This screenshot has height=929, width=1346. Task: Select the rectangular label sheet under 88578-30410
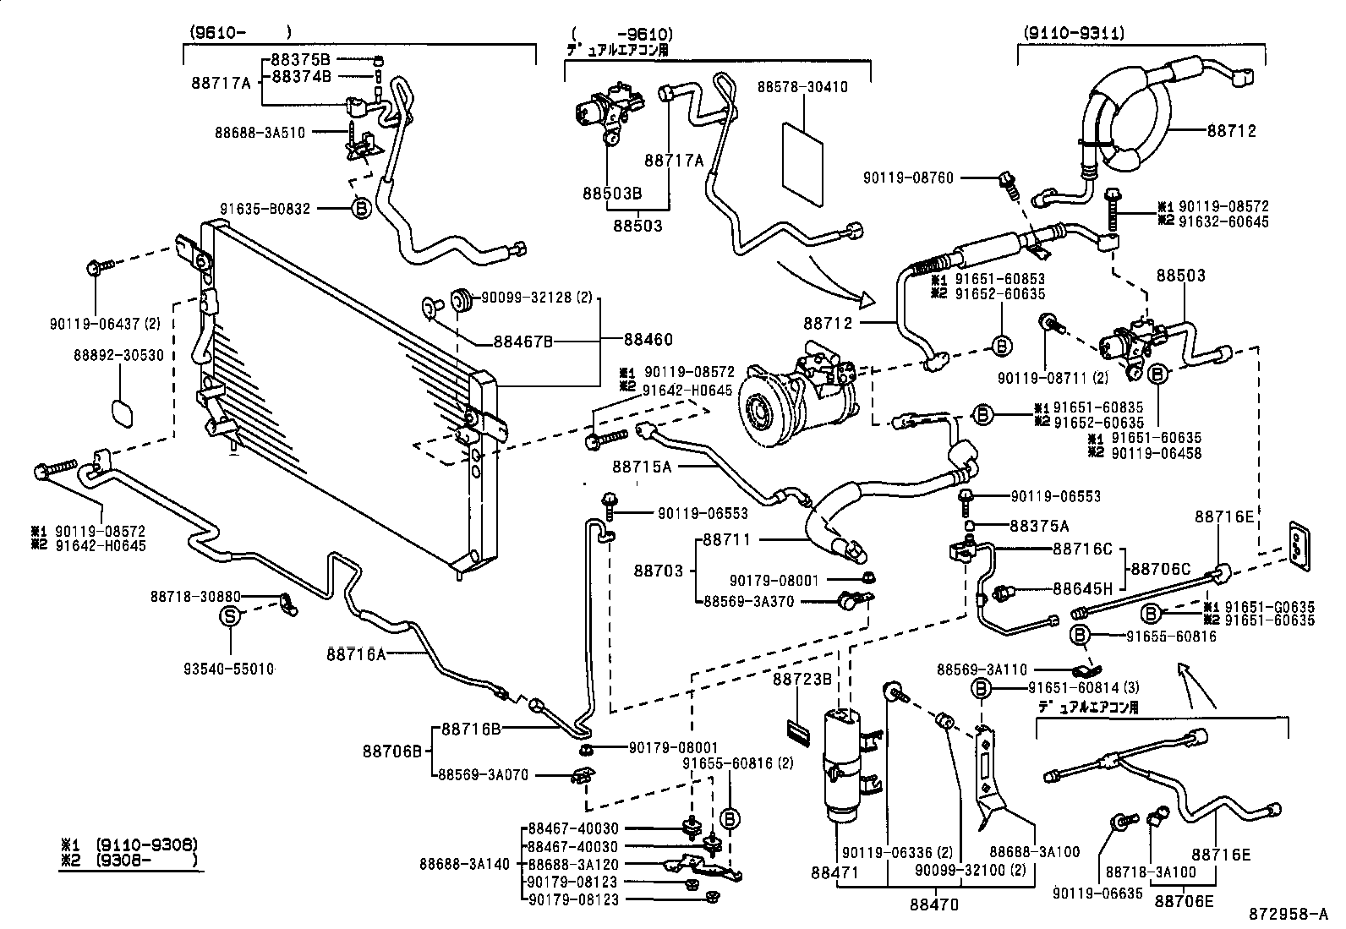tap(802, 164)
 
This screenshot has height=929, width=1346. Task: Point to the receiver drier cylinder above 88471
tap(842, 765)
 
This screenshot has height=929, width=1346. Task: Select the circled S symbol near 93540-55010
tap(230, 617)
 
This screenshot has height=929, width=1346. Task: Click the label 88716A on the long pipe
tap(356, 653)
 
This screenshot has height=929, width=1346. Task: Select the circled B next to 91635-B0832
tap(360, 208)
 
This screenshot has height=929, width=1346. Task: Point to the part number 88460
tap(648, 340)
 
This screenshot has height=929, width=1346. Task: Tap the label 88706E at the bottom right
tap(1184, 902)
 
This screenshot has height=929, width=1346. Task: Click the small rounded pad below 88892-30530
tap(123, 412)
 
